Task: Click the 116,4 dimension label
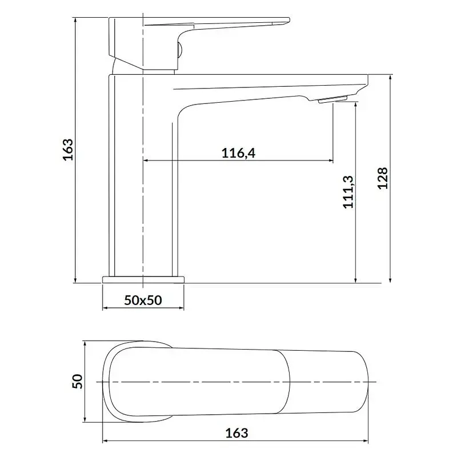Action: (x=238, y=153)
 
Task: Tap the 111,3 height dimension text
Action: (x=348, y=192)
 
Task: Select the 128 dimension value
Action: (x=383, y=178)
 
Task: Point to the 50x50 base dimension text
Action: (x=143, y=300)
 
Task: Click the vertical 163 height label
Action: (x=68, y=150)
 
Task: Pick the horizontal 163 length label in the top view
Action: (x=236, y=433)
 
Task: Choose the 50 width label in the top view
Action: (x=77, y=381)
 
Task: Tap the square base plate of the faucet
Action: (x=143, y=279)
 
